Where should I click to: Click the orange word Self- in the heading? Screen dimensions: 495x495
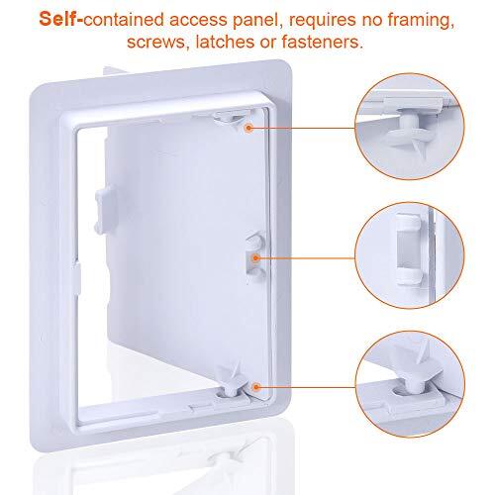pos(66,18)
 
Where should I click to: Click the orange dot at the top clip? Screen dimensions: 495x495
pos(247,128)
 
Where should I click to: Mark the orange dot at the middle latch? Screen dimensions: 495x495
pos(255,256)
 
